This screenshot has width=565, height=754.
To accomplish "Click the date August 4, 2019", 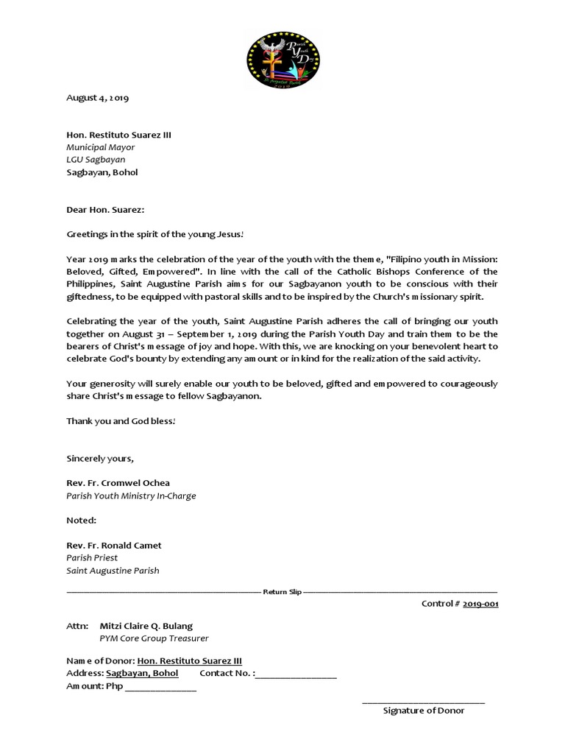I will pyautogui.click(x=98, y=97).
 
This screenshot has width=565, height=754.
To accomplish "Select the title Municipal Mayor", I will pyautogui.click(x=101, y=147).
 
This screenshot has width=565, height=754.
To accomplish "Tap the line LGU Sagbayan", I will pyautogui.click(x=96, y=160).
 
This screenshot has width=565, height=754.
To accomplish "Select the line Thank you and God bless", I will pyautogui.click(x=121, y=420).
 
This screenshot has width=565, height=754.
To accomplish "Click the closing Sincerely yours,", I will pyautogui.click(x=100, y=458).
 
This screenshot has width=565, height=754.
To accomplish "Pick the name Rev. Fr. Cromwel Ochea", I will pyautogui.click(x=118, y=483).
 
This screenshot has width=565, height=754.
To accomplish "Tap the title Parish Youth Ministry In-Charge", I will pyautogui.click(x=131, y=496).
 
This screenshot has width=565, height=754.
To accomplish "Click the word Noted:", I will pyautogui.click(x=82, y=521).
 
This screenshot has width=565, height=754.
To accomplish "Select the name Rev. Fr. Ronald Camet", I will pyautogui.click(x=114, y=546).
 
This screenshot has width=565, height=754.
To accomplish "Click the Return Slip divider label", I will pyautogui.click(x=282, y=591).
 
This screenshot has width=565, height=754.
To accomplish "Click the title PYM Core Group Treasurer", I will pyautogui.click(x=154, y=638).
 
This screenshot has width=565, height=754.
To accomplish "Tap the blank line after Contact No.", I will pyautogui.click(x=296, y=674).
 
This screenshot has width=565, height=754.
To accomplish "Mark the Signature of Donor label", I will pyautogui.click(x=423, y=711).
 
